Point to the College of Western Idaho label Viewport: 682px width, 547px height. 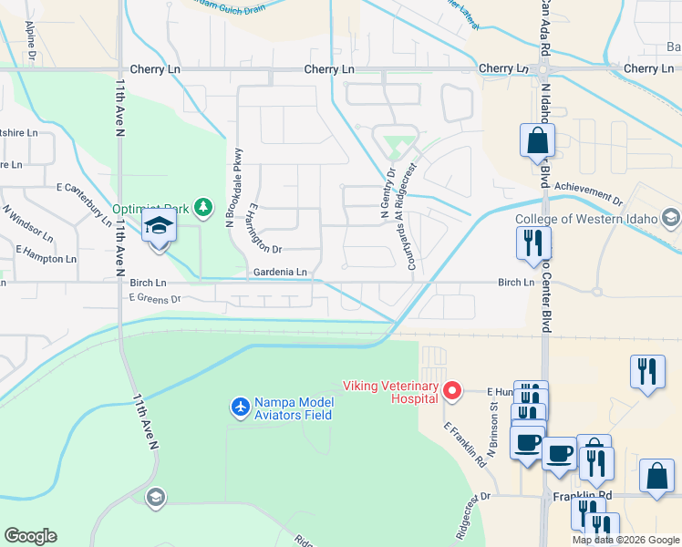tap(590, 218)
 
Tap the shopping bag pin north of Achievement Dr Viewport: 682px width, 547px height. tap(537, 141)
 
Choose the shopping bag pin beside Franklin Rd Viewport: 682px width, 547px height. tap(657, 477)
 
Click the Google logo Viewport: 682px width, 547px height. tap(30, 536)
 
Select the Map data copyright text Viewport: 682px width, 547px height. tap(625, 540)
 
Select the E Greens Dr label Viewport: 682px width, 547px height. tap(155, 298)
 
